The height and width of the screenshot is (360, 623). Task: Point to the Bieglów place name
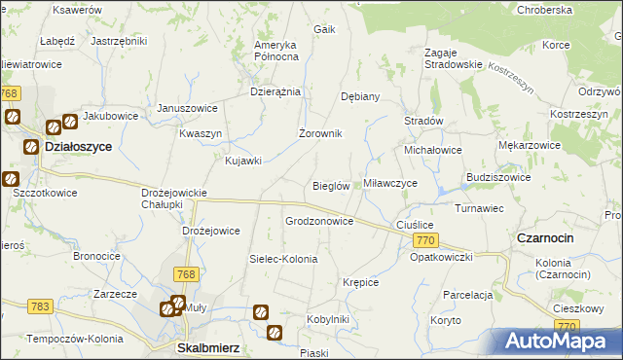330,186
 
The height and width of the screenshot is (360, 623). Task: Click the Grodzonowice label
318,221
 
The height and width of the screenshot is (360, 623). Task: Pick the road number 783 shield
40,306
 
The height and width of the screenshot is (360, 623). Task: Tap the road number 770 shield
423,239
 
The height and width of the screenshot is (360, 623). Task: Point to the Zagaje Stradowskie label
454,57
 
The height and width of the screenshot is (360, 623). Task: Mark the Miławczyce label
390,183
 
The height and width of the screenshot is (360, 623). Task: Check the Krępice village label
360,282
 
